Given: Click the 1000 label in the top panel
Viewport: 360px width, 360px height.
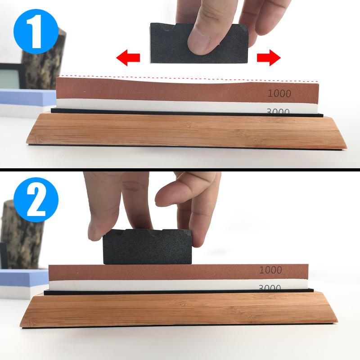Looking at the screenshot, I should [279, 94].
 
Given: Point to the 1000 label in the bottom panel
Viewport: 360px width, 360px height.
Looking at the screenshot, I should [270, 270].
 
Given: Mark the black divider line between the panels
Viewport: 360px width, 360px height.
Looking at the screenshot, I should [180, 170].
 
